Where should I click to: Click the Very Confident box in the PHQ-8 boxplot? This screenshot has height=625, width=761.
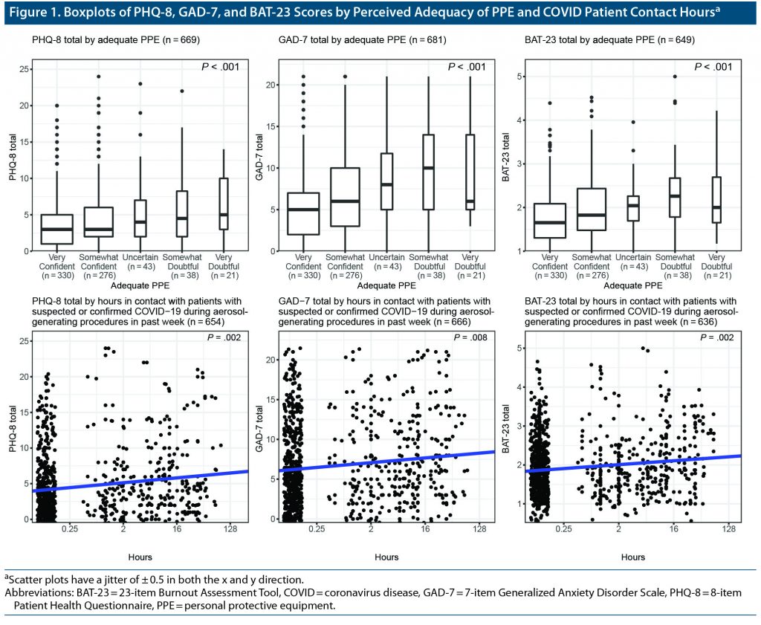tap(57, 229)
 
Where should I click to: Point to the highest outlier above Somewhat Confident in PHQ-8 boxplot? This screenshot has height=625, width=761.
tap(98, 77)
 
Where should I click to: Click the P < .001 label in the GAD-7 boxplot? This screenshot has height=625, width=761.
tap(466, 68)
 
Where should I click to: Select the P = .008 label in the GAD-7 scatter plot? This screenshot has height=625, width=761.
tap(466, 339)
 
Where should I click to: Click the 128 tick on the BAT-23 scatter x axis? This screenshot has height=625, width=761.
tap(728, 529)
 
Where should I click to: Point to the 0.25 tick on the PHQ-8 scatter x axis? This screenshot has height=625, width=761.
tap(69, 529)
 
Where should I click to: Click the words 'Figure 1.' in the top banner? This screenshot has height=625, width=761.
tap(31, 12)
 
